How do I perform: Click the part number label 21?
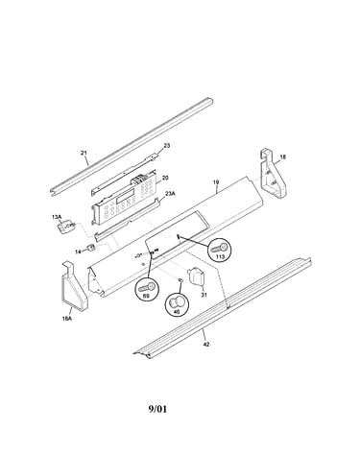(84, 153)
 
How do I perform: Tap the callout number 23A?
(170, 194)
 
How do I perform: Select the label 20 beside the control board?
(165, 178)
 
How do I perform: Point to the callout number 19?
(216, 182)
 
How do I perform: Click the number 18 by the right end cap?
(283, 157)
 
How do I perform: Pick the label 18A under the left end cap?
(67, 319)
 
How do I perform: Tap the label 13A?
(57, 217)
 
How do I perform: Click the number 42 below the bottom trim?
(206, 345)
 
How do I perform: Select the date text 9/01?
(157, 409)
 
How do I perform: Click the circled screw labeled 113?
(220, 250)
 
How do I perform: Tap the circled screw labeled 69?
(146, 289)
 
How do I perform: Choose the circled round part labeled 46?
(177, 304)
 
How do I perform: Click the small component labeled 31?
(196, 276)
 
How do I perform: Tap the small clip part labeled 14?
(90, 248)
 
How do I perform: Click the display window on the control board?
(125, 195)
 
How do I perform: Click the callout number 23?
(167, 146)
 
